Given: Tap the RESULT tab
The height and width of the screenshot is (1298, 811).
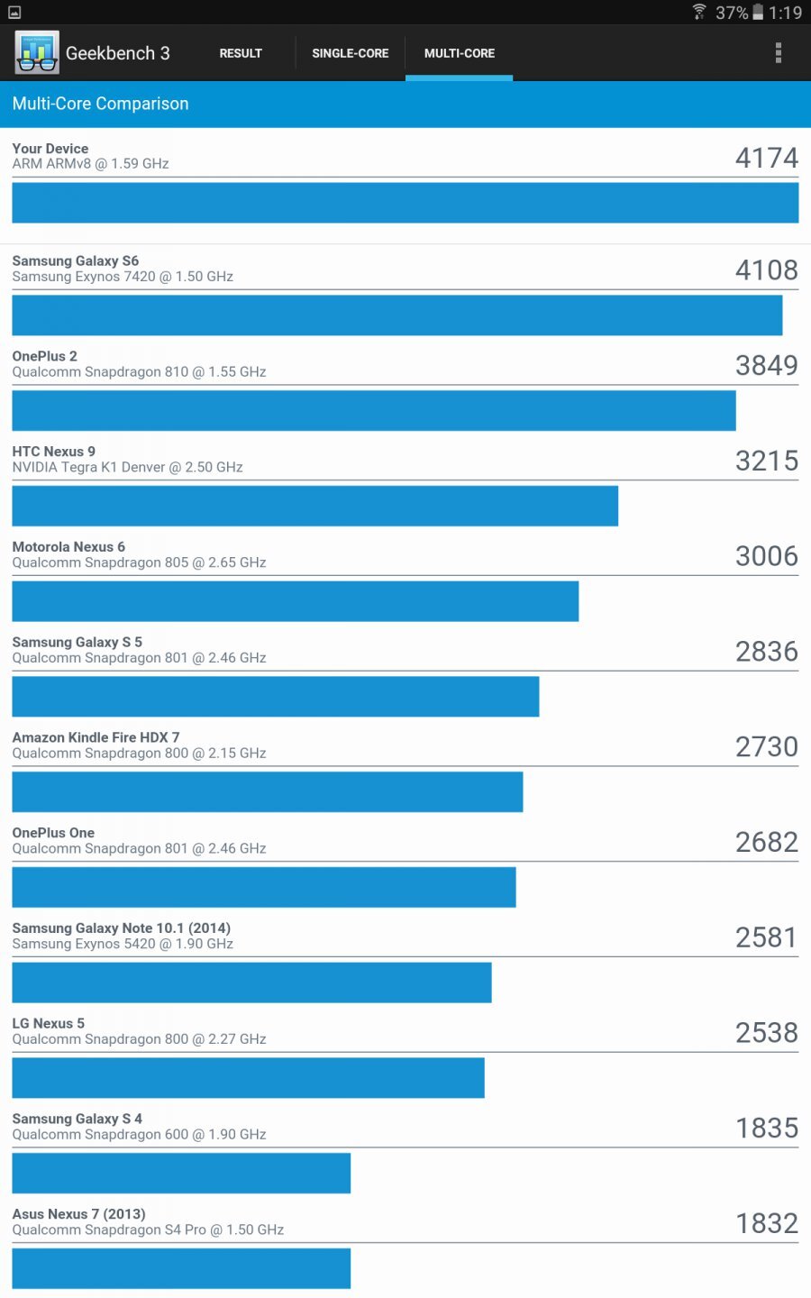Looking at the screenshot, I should click(241, 53).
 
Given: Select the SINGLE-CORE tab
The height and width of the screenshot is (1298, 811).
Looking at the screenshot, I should click(350, 53).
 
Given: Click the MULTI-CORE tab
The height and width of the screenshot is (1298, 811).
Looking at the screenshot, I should click(459, 53).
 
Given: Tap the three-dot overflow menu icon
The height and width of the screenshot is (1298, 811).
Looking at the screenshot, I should click(779, 53).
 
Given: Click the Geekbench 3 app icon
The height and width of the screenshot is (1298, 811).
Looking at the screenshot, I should click(37, 52).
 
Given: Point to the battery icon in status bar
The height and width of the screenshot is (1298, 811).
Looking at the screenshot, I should click(758, 12).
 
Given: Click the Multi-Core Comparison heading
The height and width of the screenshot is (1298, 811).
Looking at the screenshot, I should click(101, 104).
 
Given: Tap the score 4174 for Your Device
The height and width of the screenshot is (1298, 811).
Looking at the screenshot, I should click(766, 159).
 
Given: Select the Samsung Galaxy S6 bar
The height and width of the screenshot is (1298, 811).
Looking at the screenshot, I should click(396, 315).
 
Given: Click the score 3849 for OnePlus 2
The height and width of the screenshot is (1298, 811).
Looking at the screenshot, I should click(766, 365).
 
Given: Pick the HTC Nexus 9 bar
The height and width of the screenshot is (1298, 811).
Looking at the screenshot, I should click(314, 506).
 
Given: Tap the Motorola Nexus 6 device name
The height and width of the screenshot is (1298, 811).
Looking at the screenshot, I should click(68, 547).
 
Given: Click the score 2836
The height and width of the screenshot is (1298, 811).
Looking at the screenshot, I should click(766, 652).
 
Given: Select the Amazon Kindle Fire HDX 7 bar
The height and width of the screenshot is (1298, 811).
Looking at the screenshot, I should click(267, 791).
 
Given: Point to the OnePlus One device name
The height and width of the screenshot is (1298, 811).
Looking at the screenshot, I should click(53, 833).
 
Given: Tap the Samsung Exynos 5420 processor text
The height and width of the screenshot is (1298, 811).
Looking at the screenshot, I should click(123, 944).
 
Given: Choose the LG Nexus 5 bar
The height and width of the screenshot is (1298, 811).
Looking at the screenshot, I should click(248, 1077).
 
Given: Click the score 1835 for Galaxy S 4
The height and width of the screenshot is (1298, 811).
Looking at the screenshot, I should click(766, 1129).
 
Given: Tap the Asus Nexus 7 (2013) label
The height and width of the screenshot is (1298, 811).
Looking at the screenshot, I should click(78, 1214).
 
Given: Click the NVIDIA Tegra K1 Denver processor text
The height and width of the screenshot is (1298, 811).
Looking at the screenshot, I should click(127, 467).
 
